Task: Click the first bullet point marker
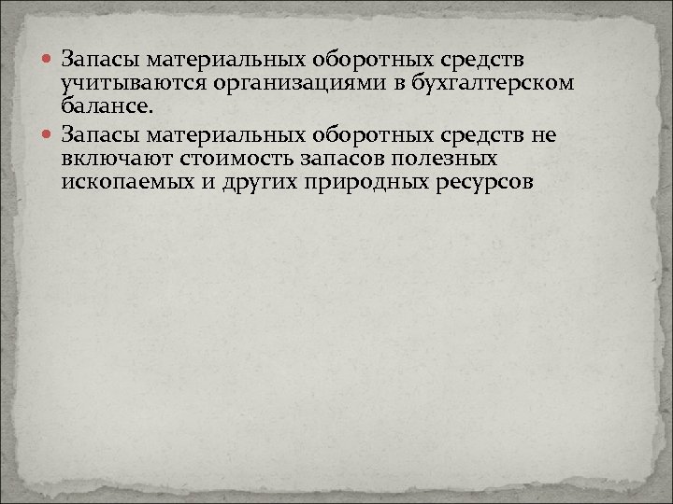click(x=47, y=61)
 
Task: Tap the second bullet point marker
click(x=47, y=137)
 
